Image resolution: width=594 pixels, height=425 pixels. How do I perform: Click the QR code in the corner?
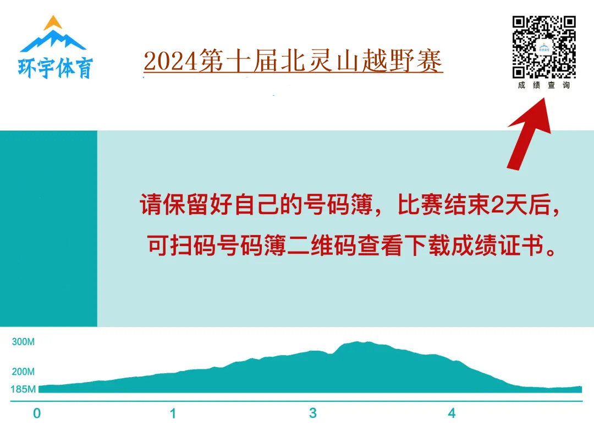[x=544, y=47]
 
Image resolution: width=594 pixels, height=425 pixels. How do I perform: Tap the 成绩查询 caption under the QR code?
[x=544, y=85]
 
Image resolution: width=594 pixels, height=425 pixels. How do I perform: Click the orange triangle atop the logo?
[x=53, y=23]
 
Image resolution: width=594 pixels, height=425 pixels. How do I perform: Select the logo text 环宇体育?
[x=56, y=67]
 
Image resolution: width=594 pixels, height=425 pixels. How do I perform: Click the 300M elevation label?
[x=23, y=342]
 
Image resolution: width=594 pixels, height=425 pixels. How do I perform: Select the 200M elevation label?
[x=23, y=372]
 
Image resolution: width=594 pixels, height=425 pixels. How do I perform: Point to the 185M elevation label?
[x=23, y=389]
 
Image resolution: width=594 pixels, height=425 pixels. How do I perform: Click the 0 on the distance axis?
[x=37, y=413]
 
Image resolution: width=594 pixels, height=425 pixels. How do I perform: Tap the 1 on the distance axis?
[x=173, y=413]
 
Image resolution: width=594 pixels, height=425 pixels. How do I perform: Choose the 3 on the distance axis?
[x=313, y=413]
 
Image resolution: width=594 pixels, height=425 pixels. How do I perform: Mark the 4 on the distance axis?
[x=452, y=413]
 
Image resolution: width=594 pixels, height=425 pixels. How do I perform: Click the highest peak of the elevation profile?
[x=358, y=343]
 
